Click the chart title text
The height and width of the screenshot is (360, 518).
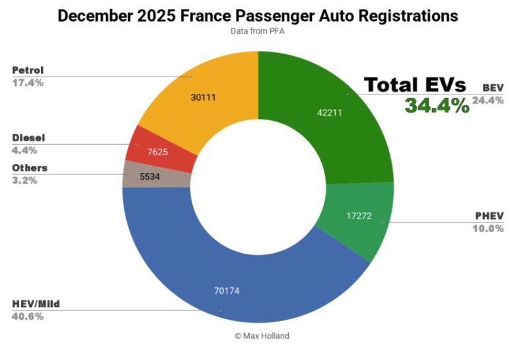click(x=258, y=15)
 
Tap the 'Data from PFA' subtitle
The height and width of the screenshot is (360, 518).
click(x=258, y=30)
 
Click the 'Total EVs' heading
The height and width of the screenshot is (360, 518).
click(x=416, y=85)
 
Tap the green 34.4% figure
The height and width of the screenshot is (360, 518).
click(x=437, y=105)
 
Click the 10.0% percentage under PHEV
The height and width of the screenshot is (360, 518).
click(x=489, y=229)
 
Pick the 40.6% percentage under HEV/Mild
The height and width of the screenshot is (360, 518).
click(x=27, y=316)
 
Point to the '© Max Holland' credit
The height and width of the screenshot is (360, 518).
click(x=262, y=336)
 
